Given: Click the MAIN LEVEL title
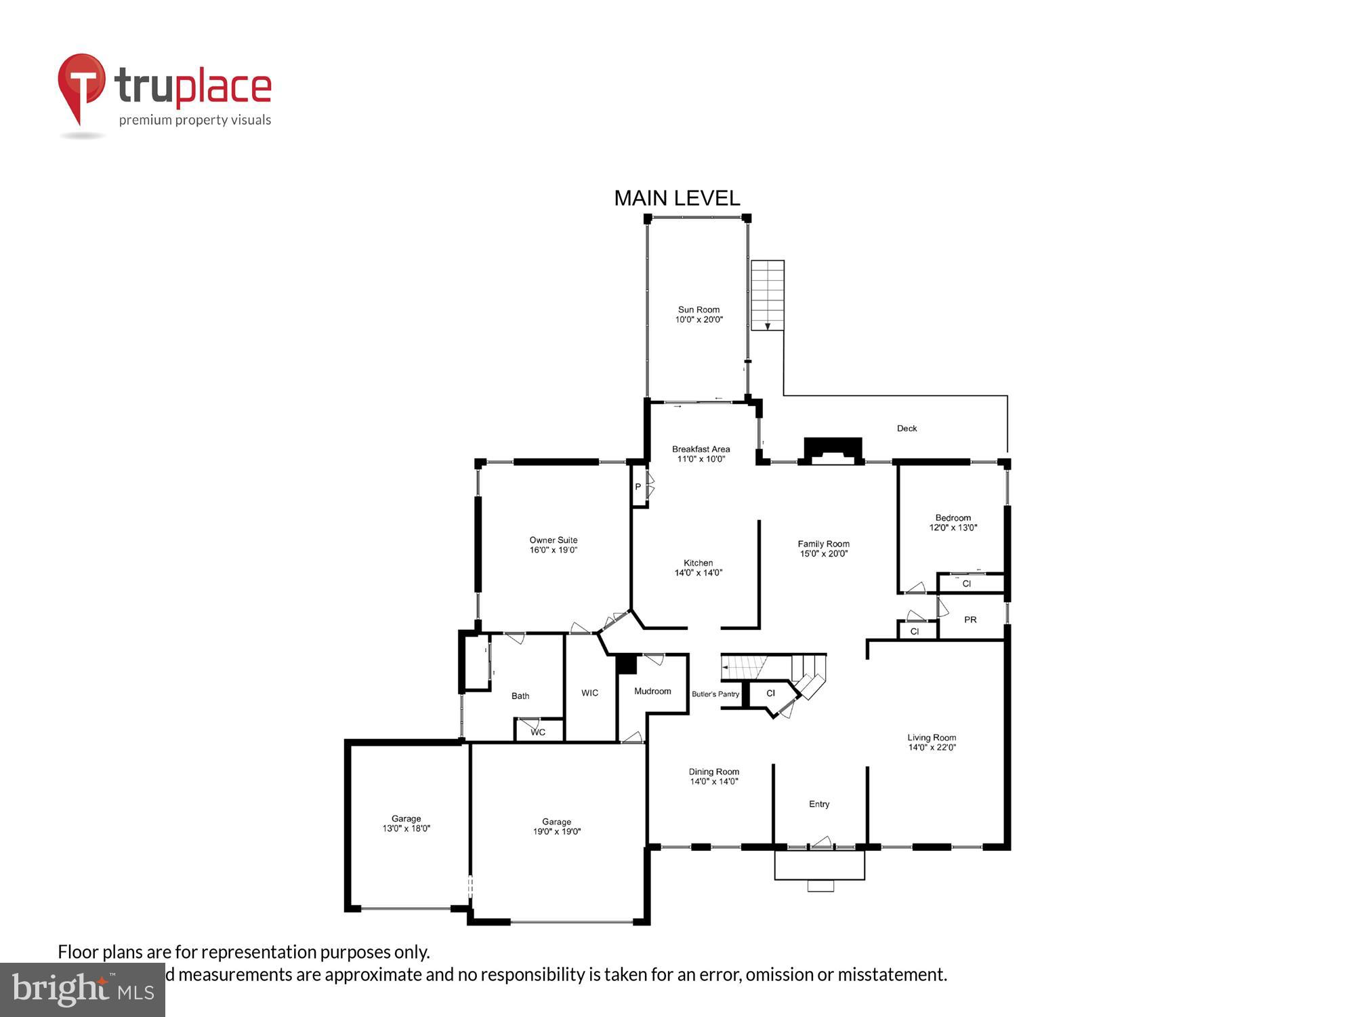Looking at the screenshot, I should coord(677,198).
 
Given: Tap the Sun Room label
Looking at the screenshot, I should coord(699,315).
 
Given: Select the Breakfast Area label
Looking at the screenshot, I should coord(701,454).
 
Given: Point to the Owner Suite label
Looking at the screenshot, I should coord(553,545).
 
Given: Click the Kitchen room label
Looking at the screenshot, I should coord(698,567).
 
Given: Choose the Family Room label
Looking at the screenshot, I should coord(823,549).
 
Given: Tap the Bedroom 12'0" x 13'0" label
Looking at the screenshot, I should coord(953,523).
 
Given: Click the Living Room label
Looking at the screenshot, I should coord(932,742).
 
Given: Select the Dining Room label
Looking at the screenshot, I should coord(713,776).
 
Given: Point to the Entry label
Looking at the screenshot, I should coord(818,804).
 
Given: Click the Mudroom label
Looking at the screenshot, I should coord(652,691).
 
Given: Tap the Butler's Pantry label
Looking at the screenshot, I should coord(715,694).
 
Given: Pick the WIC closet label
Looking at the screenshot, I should coord(589,693).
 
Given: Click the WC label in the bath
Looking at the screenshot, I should coord(538,732).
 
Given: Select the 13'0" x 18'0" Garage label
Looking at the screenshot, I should coord(406,823).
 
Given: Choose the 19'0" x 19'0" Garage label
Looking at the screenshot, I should coord(556,826).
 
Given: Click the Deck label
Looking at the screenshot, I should coord(906,428).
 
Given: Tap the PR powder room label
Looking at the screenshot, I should coord(970,620).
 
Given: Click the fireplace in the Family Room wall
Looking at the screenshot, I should coord(833,451).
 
